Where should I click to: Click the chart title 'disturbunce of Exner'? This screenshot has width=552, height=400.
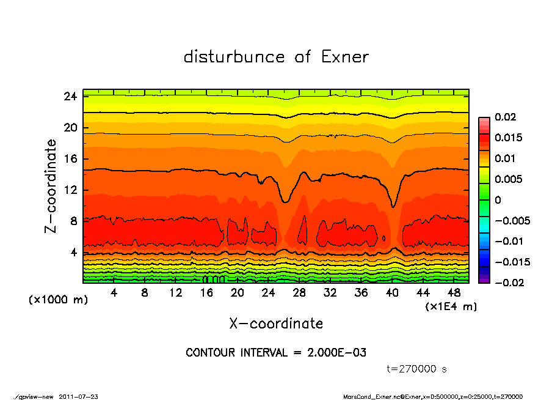(276, 57)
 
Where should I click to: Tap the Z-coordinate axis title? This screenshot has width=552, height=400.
(51, 185)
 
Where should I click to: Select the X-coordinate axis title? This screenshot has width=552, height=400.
(276, 324)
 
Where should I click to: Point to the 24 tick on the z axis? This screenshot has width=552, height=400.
(70, 97)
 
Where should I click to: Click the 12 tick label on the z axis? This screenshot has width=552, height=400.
(70, 190)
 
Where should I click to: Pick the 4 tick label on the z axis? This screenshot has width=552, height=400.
(73, 252)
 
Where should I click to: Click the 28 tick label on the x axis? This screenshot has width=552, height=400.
(299, 293)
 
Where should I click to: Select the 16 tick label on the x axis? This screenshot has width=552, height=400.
(206, 293)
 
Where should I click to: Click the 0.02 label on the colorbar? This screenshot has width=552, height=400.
(506, 117)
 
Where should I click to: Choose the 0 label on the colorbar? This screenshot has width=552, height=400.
(498, 200)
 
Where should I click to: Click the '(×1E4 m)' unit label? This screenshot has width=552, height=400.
(451, 306)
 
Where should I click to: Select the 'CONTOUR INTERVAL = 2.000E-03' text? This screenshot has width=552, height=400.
(276, 353)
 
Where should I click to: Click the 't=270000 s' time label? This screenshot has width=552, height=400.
(418, 369)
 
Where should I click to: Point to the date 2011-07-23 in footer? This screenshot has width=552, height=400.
(79, 396)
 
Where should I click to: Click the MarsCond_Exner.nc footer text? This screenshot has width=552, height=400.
(372, 396)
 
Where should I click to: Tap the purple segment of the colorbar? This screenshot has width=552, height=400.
(484, 280)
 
